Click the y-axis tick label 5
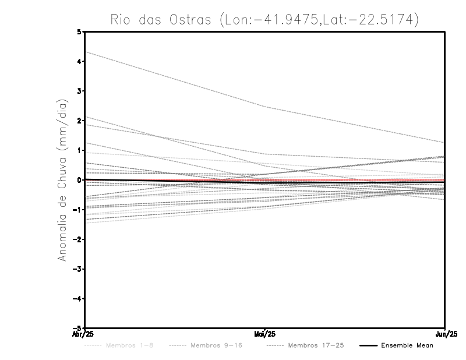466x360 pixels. [79, 31]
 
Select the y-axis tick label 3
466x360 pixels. [79, 91]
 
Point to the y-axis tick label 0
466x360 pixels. [79, 180]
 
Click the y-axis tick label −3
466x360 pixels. [78, 269]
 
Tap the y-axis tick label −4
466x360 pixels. [78, 299]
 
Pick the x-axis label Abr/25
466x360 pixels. [84, 334]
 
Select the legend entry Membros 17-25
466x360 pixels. [316, 345]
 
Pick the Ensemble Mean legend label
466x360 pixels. [407, 345]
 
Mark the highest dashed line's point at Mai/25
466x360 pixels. [265, 107]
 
